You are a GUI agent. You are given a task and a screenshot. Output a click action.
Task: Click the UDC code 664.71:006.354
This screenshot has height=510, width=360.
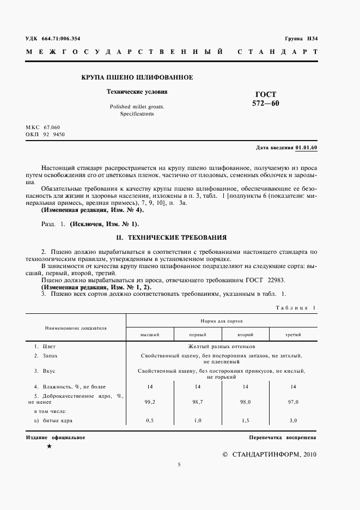point(60,38)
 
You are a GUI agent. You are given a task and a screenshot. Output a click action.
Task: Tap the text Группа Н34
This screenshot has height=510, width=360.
point(301,38)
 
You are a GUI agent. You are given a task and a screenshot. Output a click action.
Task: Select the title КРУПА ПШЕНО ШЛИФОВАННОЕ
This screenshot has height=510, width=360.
point(137,78)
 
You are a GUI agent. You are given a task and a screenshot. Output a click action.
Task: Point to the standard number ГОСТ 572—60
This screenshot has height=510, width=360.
point(265,98)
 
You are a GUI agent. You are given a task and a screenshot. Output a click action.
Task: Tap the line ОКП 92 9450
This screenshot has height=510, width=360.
point(45,133)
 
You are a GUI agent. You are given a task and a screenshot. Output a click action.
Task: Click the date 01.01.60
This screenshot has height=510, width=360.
point(307,148)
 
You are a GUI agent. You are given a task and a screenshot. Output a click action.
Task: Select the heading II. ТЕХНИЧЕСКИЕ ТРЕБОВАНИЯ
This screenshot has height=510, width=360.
point(172,238)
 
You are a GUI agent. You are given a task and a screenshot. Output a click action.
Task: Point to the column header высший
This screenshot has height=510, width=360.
point(150,334)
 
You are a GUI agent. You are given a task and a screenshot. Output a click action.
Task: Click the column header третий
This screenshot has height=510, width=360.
point(293,334)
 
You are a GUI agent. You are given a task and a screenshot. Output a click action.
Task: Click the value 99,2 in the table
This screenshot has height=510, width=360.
point(150,402)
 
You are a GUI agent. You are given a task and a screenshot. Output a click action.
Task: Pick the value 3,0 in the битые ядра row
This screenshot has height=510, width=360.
point(293,421)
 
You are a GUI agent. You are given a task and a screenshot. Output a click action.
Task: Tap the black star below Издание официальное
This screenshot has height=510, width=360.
point(49,447)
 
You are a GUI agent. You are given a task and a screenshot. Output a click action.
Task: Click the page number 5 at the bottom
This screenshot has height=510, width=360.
point(179,465)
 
